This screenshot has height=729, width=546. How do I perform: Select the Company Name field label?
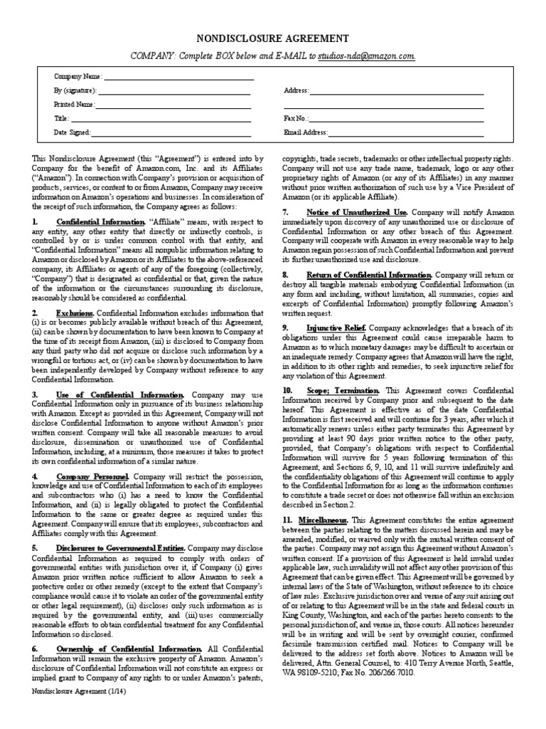[78, 76]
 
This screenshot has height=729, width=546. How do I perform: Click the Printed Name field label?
[75, 105]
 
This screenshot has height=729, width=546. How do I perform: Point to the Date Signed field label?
[72, 132]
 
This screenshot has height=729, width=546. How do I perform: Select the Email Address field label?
[306, 132]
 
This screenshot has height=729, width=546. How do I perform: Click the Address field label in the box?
[296, 91]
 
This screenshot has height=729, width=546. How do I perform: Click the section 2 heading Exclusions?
[75, 313]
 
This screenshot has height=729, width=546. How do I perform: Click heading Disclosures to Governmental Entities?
[121, 547]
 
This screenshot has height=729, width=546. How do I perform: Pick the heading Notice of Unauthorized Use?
[357, 212]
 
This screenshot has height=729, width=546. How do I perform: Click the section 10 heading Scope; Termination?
[343, 391]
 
